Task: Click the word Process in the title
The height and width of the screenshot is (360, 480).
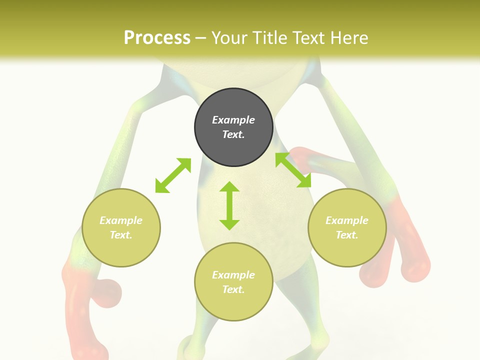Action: (x=157, y=38)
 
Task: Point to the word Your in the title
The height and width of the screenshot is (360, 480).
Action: (x=229, y=38)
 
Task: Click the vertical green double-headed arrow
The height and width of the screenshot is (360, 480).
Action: (x=229, y=205)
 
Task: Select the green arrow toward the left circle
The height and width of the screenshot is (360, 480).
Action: (x=173, y=175)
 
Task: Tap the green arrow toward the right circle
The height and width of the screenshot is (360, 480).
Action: (x=293, y=170)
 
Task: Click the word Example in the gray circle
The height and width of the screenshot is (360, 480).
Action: (x=233, y=120)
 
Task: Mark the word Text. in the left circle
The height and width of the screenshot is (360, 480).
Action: (x=121, y=235)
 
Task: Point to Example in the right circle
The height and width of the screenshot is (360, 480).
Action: (x=347, y=220)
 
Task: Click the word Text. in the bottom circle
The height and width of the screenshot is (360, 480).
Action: (x=233, y=289)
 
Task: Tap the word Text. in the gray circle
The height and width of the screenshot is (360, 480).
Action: (x=233, y=134)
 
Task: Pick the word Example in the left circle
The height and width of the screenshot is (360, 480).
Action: (x=121, y=220)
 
